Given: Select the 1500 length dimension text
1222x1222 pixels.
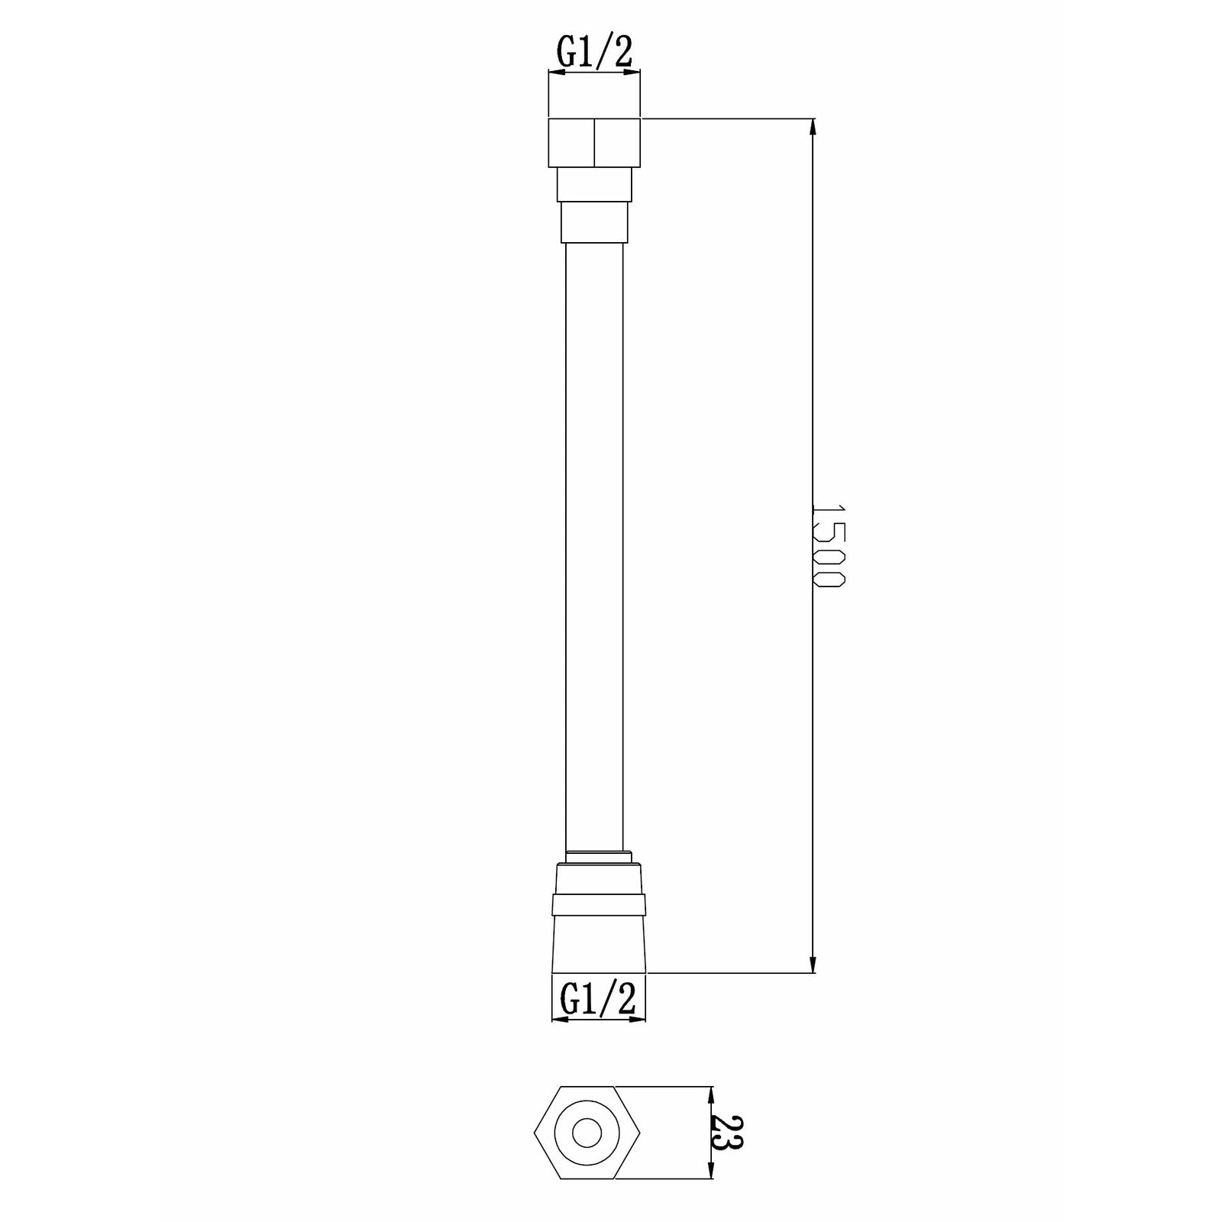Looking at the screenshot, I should pyautogui.click(x=828, y=545).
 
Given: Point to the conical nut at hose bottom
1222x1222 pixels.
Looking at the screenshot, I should pyautogui.click(x=599, y=943).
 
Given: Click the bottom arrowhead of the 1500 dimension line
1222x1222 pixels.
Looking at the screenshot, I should pyautogui.click(x=813, y=964).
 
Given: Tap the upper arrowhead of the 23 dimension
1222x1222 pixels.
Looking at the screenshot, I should pyautogui.click(x=712, y=1094).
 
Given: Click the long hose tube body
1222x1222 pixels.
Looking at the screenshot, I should pyautogui.click(x=594, y=535).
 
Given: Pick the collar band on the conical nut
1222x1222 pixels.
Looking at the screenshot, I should pyautogui.click(x=599, y=904).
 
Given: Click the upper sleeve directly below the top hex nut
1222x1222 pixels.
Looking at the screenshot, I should pyautogui.click(x=594, y=183).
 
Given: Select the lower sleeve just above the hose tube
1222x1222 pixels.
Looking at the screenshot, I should pyautogui.click(x=594, y=221).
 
